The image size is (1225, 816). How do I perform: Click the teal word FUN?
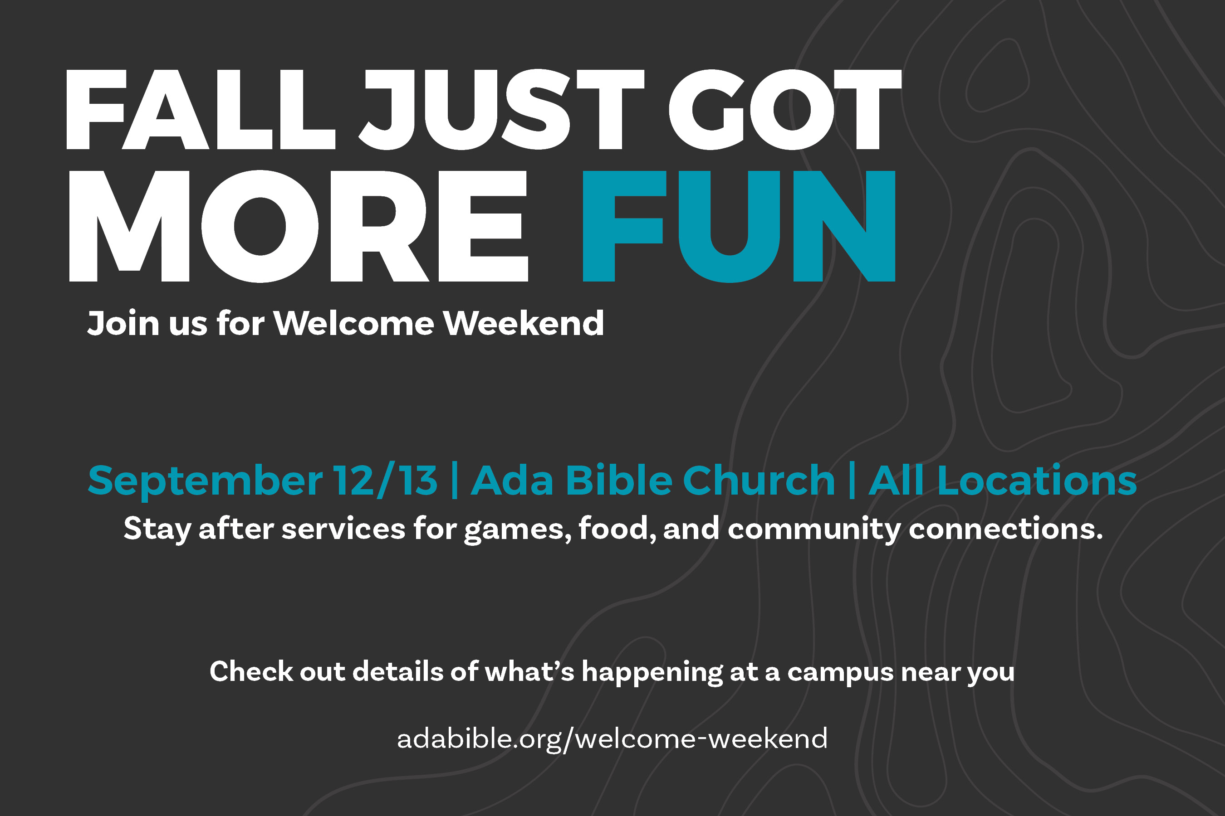739,226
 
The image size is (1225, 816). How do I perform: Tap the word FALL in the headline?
201,109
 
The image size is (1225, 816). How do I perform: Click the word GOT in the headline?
785,109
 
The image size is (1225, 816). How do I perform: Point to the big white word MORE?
299,226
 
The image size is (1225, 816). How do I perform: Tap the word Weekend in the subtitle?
524,323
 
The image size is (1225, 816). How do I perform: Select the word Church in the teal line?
759,479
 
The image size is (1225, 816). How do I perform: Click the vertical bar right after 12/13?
455,480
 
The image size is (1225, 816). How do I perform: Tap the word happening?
652,672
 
